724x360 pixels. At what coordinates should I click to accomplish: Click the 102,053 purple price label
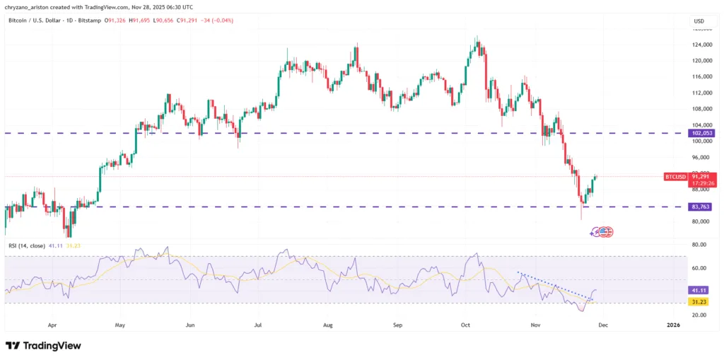(x=703, y=133)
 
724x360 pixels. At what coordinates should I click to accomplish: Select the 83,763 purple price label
(x=703, y=207)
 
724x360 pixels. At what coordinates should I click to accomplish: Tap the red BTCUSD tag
(x=675, y=176)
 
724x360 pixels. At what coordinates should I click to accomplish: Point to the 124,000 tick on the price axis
(x=702, y=45)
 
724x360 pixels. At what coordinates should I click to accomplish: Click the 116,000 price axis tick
(x=702, y=76)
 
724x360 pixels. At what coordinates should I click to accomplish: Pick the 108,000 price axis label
(x=702, y=108)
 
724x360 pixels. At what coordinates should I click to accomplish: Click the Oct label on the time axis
(x=465, y=325)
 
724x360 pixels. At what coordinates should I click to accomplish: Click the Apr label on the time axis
(x=52, y=325)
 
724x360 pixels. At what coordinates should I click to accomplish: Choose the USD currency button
(x=699, y=21)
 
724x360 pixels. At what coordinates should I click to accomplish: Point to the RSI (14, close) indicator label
(x=27, y=245)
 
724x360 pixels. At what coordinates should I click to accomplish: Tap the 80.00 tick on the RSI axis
(x=700, y=245)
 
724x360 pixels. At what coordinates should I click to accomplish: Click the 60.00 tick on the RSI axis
(x=700, y=268)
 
